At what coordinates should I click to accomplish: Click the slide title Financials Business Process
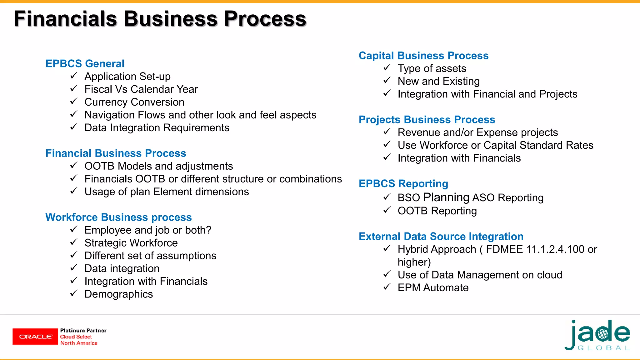[x=160, y=19]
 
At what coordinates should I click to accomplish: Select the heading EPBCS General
[x=85, y=64]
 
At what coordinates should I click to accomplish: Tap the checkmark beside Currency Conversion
[x=74, y=102]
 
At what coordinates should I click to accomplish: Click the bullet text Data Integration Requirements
[x=157, y=128]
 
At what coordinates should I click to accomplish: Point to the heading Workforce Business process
[x=118, y=217]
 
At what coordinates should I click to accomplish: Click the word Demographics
[x=118, y=294]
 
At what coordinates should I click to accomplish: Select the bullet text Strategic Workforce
[x=131, y=243]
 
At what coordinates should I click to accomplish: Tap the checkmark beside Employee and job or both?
[x=74, y=230]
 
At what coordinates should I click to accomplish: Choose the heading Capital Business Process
[x=423, y=56]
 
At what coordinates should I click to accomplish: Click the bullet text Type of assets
[x=432, y=68]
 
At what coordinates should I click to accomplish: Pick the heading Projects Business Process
[x=427, y=120]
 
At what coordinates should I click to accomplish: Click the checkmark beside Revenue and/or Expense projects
[x=387, y=132]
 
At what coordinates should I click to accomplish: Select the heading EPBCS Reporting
[x=403, y=184]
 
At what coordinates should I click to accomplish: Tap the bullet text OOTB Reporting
[x=437, y=211]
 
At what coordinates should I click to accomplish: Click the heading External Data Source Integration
[x=441, y=237]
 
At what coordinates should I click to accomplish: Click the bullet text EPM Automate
[x=433, y=287]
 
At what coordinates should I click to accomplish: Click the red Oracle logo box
[x=35, y=337]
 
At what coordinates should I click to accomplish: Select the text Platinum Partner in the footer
[x=83, y=331]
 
